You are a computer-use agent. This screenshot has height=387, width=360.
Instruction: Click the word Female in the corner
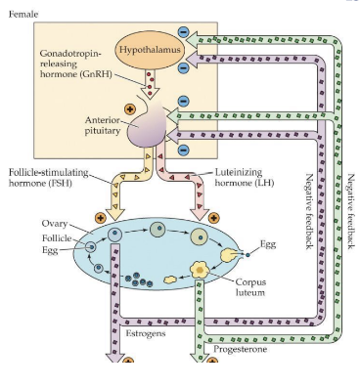click(22, 14)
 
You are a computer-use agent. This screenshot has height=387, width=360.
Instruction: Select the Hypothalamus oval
click(151, 49)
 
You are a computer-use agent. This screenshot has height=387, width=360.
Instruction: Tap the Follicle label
click(57, 236)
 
